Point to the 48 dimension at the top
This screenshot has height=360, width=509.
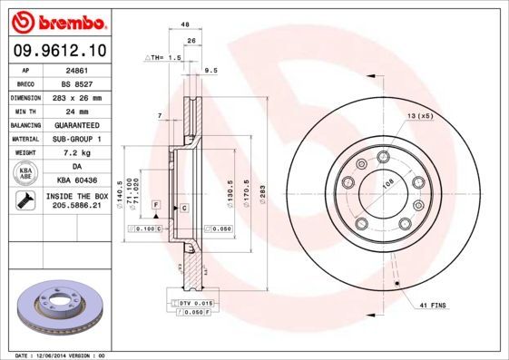(x=184, y=24)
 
